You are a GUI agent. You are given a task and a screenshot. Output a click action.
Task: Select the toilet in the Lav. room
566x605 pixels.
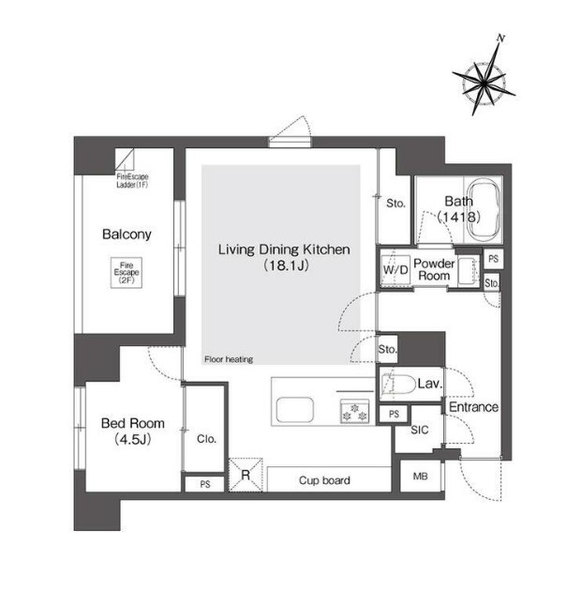click(398, 384)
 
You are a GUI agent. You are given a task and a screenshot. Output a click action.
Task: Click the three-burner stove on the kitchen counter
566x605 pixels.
click(354, 411)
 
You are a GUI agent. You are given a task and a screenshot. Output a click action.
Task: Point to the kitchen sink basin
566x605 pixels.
click(294, 409)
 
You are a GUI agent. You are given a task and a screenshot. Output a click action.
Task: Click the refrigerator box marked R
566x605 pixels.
click(246, 475)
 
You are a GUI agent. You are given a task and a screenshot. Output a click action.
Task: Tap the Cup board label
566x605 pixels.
click(324, 480)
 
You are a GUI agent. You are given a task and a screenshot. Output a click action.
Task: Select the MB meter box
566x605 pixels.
click(420, 476)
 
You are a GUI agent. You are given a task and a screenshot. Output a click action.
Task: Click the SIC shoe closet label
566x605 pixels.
click(420, 430)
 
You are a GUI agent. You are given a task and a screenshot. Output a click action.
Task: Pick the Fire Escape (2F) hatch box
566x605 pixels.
click(127, 272)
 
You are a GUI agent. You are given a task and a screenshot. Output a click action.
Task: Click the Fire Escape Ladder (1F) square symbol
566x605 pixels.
click(125, 159)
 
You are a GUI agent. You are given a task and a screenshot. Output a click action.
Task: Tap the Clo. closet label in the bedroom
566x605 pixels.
click(206, 439)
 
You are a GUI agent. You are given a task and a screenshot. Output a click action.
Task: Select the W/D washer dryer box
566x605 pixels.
click(395, 268)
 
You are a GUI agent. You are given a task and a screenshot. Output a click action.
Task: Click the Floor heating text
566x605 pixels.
click(229, 359)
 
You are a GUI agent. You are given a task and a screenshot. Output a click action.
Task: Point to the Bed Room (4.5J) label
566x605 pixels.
click(133, 431)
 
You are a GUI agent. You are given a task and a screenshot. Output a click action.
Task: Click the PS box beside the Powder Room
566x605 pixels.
click(494, 259)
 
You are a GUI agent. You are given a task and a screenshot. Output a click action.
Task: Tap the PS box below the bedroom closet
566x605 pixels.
click(205, 484)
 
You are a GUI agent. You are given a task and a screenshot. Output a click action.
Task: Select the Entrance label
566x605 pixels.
click(473, 407)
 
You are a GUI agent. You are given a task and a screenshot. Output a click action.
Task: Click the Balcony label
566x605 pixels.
click(127, 234)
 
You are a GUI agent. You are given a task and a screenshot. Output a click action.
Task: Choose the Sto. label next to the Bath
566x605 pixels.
click(396, 204)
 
